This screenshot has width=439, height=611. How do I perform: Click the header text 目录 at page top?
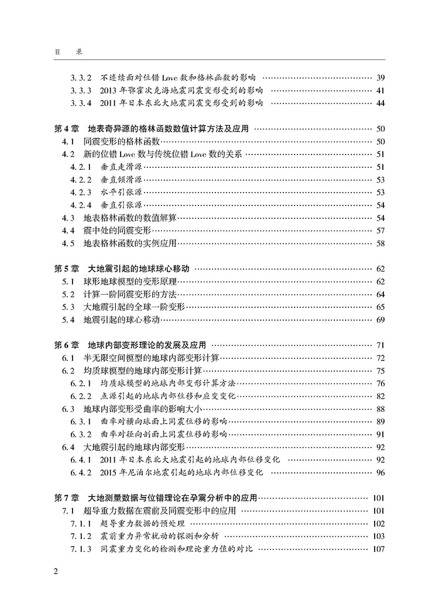(67, 52)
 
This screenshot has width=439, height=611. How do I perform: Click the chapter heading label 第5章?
(65, 269)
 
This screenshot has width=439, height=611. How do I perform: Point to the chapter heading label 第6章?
(65, 345)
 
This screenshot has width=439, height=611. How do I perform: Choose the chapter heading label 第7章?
(65, 498)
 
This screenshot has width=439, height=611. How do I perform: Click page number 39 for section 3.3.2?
(380, 77)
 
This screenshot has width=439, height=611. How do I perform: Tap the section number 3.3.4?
(81, 103)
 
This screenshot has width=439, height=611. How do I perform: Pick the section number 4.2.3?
(81, 192)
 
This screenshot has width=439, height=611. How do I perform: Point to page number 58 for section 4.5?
(380, 243)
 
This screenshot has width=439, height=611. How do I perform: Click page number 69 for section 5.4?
(380, 320)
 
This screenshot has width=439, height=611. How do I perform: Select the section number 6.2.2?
(81, 396)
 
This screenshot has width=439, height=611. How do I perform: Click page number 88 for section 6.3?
(380, 409)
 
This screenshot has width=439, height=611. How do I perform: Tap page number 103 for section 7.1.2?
(378, 536)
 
